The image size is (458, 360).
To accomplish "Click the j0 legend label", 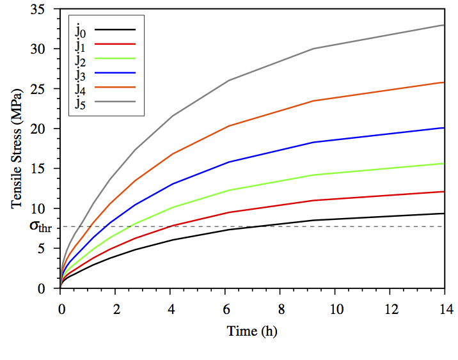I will coord(80,29).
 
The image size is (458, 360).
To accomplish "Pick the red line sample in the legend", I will coord(119,43).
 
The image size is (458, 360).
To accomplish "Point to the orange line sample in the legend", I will coord(119,86).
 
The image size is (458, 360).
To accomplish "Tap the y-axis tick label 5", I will coord(50,248).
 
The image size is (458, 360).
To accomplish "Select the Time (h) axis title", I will coord(252,331).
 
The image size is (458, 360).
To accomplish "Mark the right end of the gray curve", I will coord(444,25).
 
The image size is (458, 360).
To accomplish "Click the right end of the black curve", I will coord(444,214).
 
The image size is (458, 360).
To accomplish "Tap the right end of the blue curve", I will coord(444,128).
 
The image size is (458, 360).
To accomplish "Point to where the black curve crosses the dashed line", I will coord(251,226).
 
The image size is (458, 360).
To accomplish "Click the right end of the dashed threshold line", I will coord(443,226).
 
